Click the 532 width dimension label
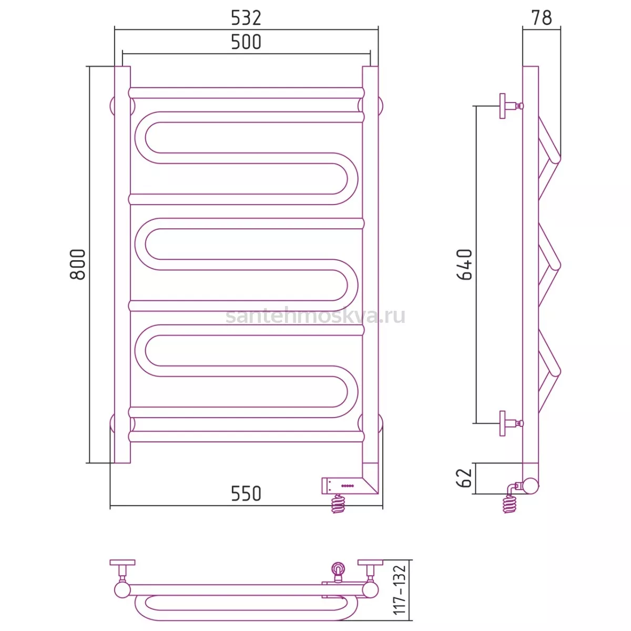pyautogui.click(x=246, y=18)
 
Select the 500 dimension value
pyautogui.click(x=246, y=42)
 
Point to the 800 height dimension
pyautogui.click(x=78, y=264)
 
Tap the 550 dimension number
pyautogui.click(x=246, y=493)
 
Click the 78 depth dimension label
pyautogui.click(x=542, y=18)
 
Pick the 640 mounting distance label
pyautogui.click(x=465, y=264)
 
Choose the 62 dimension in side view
pyautogui.click(x=465, y=478)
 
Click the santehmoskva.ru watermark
pyautogui.click(x=315, y=316)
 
